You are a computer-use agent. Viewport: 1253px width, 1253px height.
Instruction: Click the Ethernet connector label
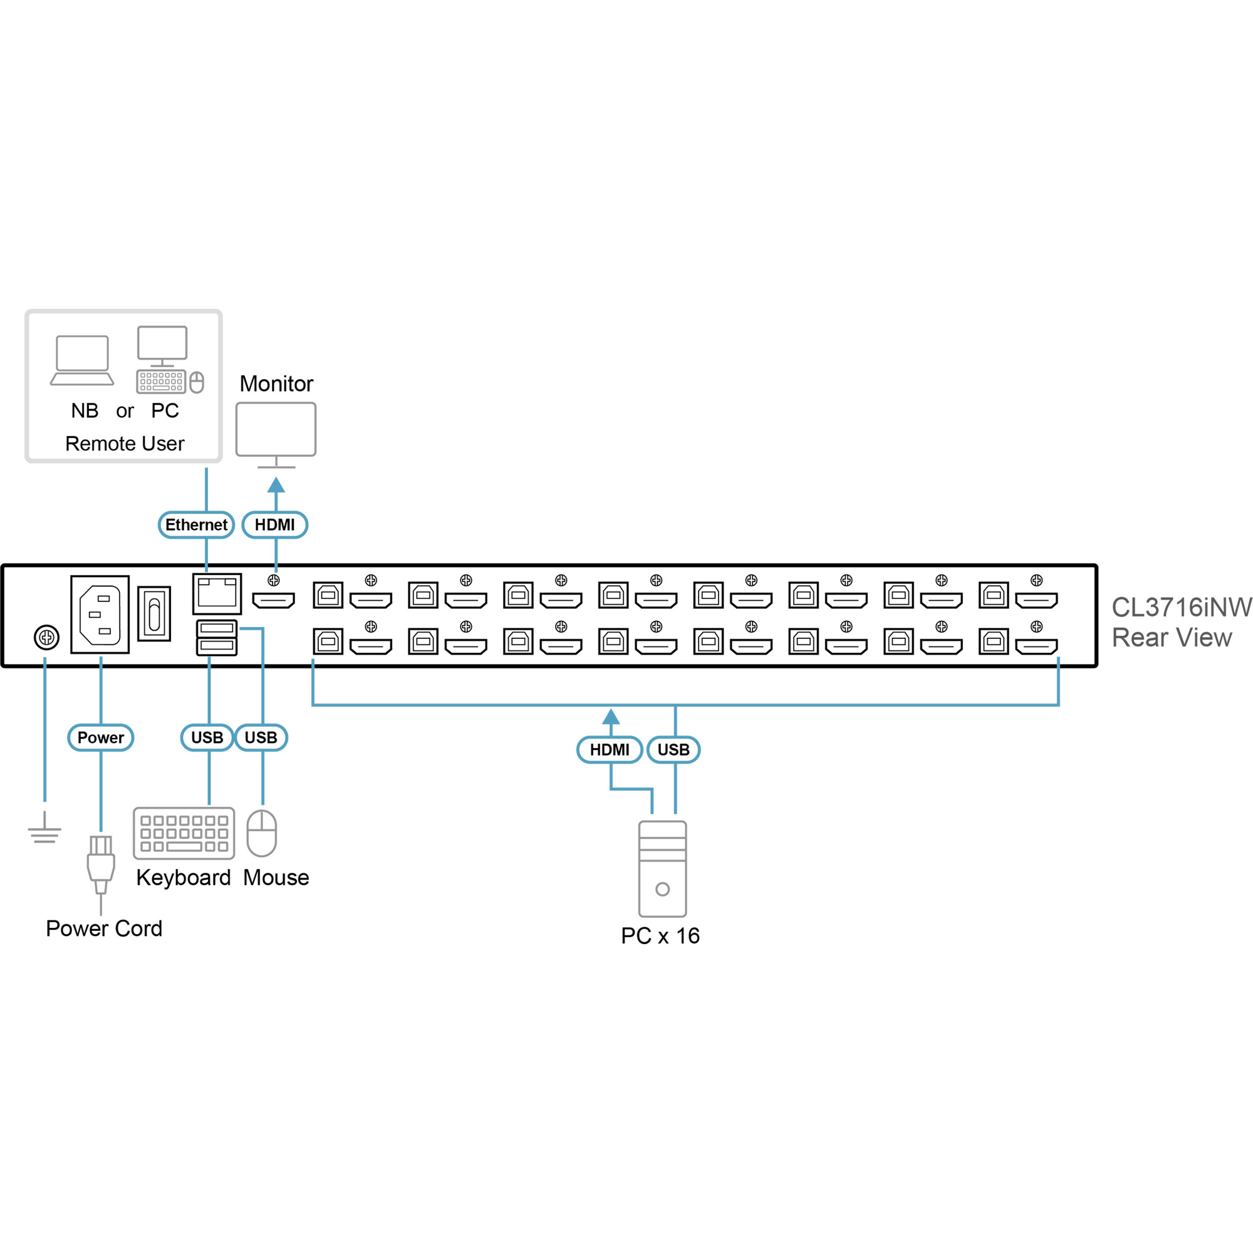tap(196, 524)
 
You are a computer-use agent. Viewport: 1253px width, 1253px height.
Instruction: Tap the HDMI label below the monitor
tap(274, 524)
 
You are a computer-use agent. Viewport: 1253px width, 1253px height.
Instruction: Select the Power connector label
tap(100, 737)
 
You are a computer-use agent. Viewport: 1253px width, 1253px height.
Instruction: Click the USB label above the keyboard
tap(207, 737)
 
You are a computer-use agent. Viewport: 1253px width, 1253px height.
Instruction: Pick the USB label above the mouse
tap(261, 737)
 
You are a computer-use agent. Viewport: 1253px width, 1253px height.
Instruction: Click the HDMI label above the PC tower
tap(609, 750)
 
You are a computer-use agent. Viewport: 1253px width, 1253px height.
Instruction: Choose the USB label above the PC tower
tap(673, 750)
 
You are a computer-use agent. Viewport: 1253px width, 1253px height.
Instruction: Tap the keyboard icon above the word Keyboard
tap(184, 833)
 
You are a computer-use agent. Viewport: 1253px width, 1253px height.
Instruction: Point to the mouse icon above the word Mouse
tap(262, 833)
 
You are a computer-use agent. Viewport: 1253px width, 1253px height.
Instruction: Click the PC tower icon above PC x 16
tap(662, 869)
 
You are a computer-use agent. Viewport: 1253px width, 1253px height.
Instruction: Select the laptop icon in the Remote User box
tap(82, 361)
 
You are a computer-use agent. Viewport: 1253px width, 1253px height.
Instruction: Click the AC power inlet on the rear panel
tap(100, 614)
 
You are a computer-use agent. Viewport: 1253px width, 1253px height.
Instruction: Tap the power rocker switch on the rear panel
tap(154, 613)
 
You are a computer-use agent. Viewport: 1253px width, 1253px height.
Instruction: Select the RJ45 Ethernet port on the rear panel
tap(217, 593)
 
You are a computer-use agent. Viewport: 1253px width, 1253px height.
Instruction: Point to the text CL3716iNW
tap(1181, 608)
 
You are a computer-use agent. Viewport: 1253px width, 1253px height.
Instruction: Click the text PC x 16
tap(660, 936)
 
